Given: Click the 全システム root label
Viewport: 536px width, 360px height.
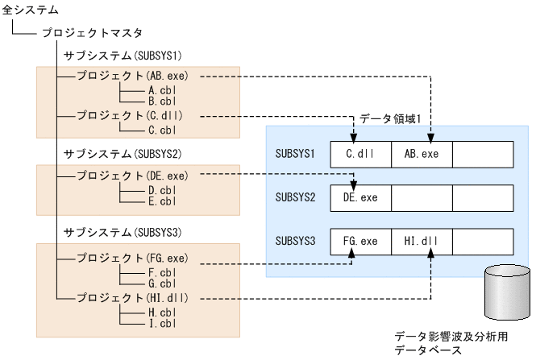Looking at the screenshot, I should click(30, 10).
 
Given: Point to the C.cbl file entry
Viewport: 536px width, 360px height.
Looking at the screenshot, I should click(157, 127).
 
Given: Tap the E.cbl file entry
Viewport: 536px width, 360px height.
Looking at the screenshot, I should click(157, 201).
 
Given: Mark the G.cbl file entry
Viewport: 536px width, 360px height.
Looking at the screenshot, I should click(157, 284).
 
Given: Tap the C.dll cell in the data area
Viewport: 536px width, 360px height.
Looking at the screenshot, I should click(360, 151).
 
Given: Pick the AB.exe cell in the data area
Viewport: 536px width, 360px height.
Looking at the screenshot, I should click(421, 151).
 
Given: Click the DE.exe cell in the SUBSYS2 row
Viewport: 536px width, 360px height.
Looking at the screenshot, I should click(360, 196).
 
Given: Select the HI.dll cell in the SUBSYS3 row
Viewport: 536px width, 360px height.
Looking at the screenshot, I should click(421, 240).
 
